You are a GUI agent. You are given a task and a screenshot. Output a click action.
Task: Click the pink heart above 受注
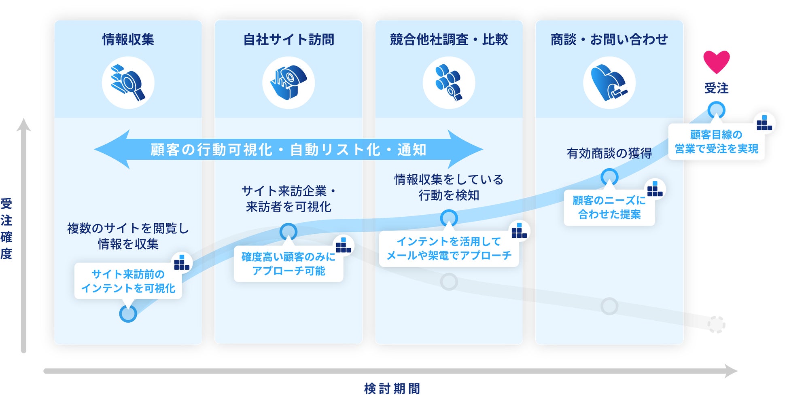point(716,61)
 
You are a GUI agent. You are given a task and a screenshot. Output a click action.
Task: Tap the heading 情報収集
point(128,40)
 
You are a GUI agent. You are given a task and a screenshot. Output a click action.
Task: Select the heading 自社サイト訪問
point(288,40)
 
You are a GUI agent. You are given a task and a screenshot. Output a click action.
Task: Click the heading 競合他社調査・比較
point(449,40)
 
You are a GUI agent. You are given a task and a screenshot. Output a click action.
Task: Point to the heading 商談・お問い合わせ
point(609,40)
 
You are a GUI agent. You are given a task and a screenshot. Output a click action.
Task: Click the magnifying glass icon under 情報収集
point(128,83)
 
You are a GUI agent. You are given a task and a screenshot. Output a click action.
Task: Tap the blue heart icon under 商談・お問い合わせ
point(609,83)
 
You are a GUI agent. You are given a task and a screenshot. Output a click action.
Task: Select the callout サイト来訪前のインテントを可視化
point(128,281)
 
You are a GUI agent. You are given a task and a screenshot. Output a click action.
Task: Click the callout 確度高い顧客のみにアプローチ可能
point(288,264)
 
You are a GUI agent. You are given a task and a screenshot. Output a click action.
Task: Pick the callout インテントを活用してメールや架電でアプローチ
point(449,248)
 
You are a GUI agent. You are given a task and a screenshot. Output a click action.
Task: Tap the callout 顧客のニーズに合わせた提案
point(609,207)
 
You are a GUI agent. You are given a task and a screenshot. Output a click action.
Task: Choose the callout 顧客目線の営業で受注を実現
point(716,142)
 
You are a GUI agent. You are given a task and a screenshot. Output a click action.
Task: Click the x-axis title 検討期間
point(392,389)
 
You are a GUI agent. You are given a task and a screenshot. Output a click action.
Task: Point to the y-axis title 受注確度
point(6,228)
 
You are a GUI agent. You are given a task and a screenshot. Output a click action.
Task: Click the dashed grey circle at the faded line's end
point(716,324)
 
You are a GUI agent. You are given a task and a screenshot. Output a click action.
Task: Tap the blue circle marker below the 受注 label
point(716,110)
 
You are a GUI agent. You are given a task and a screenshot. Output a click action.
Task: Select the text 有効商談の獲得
point(609,153)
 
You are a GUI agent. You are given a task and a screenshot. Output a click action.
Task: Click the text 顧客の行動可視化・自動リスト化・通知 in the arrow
point(288,150)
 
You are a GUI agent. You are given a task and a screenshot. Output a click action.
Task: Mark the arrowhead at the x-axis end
point(731,371)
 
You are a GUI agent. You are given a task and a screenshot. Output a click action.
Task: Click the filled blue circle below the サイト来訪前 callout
point(128,314)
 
